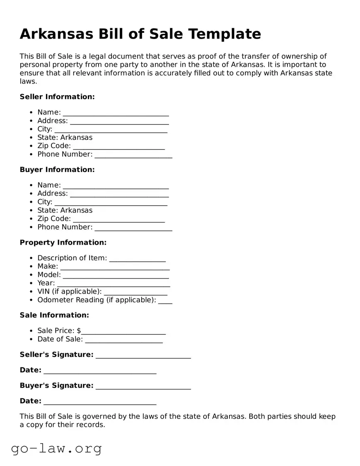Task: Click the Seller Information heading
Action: coord(57,97)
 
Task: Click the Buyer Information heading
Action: coord(57,170)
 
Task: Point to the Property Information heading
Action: coord(63,243)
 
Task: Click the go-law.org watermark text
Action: coord(56,448)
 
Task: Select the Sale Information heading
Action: coord(54,315)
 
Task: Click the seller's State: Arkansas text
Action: coord(65,137)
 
